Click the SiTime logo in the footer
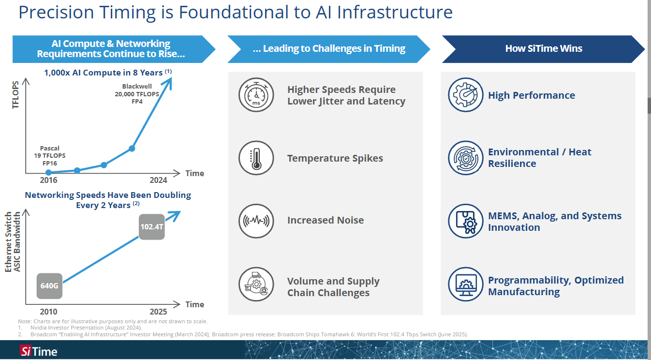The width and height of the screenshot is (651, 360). [39, 351]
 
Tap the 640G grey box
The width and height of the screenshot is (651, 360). [50, 285]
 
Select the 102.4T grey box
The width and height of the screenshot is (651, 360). [152, 226]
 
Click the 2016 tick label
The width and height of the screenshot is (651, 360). [48, 180]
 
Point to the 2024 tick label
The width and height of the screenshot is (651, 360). [159, 180]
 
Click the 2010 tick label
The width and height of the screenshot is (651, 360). [48, 312]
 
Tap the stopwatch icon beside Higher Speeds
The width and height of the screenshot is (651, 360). [256, 95]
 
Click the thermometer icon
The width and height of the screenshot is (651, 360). [256, 158]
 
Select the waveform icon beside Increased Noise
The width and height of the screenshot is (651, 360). [256, 220]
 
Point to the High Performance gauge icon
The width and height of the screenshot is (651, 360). [465, 95]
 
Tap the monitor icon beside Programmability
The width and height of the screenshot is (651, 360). [465, 285]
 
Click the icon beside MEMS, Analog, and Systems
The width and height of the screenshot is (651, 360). [465, 221]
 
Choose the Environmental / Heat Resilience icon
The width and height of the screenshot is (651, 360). [465, 158]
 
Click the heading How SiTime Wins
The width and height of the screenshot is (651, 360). [544, 48]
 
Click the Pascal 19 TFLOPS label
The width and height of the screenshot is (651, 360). [50, 156]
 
